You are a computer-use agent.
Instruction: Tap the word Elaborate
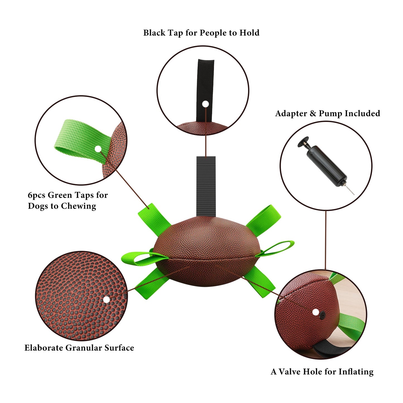click(44, 348)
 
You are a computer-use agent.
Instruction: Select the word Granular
click(84, 348)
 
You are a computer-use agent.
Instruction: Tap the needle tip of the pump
click(354, 194)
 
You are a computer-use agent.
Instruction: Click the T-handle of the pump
click(303, 142)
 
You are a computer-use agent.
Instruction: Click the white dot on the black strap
click(206, 104)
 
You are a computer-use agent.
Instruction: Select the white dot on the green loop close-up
click(98, 149)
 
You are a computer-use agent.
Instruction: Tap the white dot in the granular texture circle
click(107, 300)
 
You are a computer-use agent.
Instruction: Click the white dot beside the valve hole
click(315, 312)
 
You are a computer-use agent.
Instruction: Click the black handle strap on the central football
click(206, 186)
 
